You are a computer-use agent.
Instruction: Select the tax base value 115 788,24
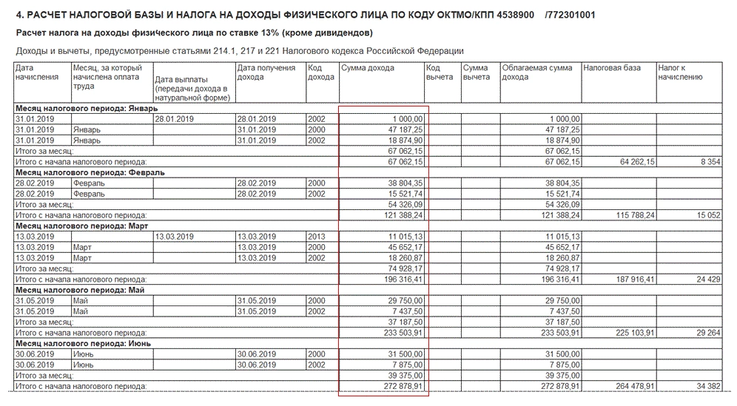tap(622, 214)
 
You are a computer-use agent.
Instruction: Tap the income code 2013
tap(316, 236)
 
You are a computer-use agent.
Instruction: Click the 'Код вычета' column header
tap(440, 72)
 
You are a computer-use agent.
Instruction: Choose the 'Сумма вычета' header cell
tap(477, 72)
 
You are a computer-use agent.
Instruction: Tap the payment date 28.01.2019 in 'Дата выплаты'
tap(174, 118)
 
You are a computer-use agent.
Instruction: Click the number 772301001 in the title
tap(569, 15)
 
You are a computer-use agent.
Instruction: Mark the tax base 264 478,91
tap(622, 386)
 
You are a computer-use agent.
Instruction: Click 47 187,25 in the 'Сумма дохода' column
tap(403, 129)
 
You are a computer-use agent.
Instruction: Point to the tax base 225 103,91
tap(622, 333)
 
